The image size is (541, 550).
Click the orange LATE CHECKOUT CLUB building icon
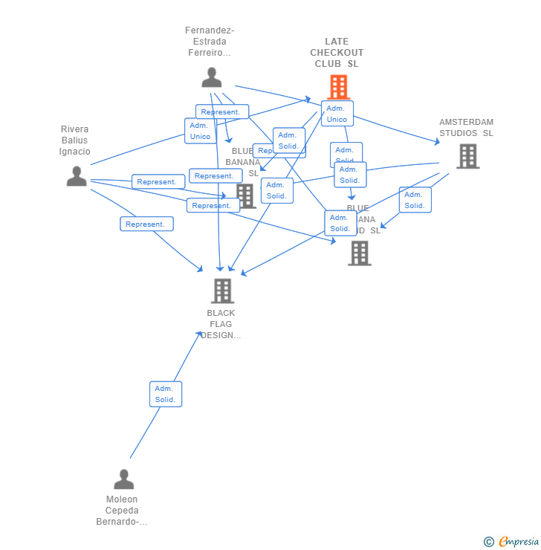(338, 87)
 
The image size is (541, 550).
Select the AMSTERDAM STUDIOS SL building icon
(467, 156)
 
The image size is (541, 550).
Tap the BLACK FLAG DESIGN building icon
(222, 291)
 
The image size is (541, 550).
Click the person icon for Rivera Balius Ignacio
(77, 176)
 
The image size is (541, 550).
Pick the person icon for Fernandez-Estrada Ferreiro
(212, 77)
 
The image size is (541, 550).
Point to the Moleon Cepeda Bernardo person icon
(124, 479)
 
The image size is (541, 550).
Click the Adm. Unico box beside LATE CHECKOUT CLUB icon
(337, 114)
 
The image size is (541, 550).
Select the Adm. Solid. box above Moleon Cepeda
(165, 394)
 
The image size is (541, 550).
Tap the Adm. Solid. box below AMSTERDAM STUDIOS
(415, 200)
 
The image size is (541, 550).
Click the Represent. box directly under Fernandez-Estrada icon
(221, 112)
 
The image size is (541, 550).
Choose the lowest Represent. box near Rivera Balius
(146, 224)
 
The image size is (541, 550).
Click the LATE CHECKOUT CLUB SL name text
(337, 53)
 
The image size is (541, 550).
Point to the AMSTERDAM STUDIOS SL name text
(466, 128)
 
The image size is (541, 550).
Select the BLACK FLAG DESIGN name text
(221, 324)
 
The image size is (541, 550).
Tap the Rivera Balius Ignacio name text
(74, 140)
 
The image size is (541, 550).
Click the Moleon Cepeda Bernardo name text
(122, 511)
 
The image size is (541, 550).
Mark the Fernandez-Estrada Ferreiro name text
(210, 42)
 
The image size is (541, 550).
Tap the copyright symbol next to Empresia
(489, 542)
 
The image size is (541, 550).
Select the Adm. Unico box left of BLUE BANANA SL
(200, 131)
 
